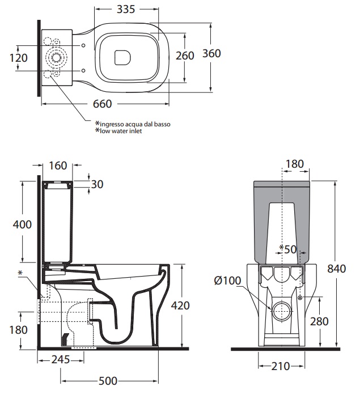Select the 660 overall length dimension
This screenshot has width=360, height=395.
click(103, 104)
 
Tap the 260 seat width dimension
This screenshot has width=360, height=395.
click(185, 55)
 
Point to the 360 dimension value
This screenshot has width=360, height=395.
click(211, 53)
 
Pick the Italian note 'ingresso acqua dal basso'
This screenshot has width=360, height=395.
click(132, 124)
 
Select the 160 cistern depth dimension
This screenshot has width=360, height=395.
click(58, 165)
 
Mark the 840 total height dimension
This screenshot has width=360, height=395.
click(337, 269)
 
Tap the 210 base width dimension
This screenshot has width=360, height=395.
click(279, 366)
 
